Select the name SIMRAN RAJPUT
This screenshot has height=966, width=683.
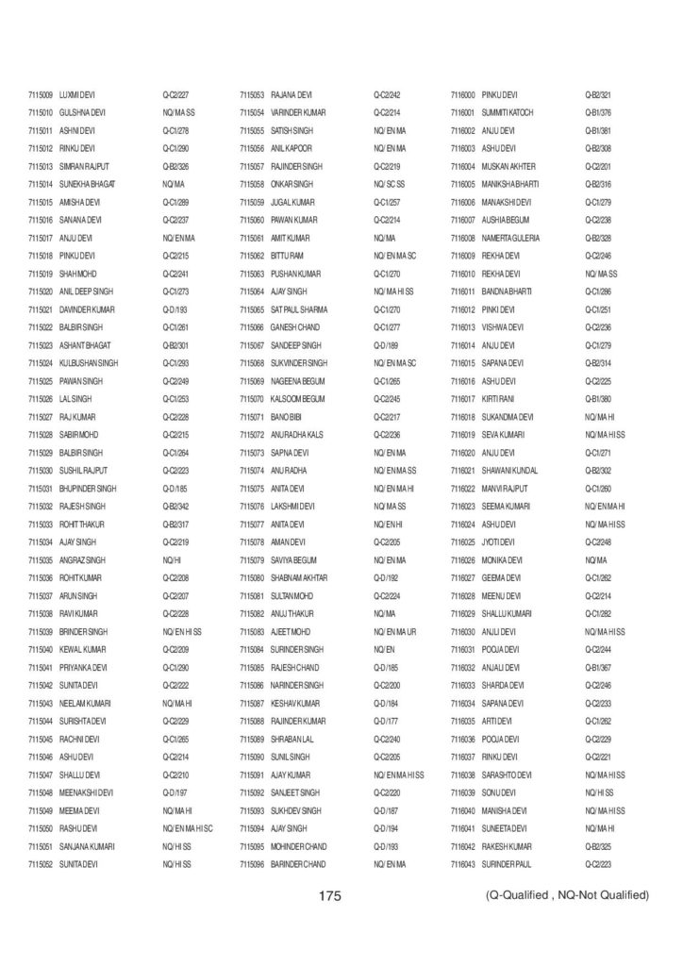click(x=81, y=166)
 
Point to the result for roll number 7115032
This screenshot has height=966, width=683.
click(x=176, y=507)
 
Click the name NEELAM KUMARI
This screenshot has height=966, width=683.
click(x=85, y=704)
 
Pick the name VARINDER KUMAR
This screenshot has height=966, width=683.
click(x=298, y=112)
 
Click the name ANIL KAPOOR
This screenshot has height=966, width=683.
click(x=292, y=148)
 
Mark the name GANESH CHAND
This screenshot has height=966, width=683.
click(x=292, y=327)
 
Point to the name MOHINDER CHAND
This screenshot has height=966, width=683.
click(x=299, y=846)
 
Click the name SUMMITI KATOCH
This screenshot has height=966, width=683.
click(x=508, y=112)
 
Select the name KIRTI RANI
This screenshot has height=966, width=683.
click(x=498, y=399)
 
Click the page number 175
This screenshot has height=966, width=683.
click(x=329, y=895)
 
